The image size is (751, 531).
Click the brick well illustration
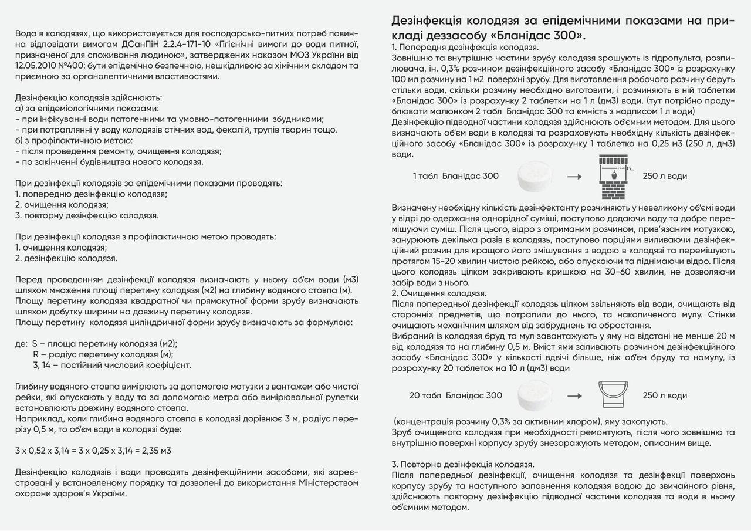point(613,177)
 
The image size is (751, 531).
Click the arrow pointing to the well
point(575,177)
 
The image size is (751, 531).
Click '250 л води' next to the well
point(665,176)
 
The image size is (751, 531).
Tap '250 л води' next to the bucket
point(665,395)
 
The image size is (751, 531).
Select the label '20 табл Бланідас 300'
point(456,395)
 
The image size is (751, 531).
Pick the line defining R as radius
point(103,354)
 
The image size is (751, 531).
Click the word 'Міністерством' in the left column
point(329,483)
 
